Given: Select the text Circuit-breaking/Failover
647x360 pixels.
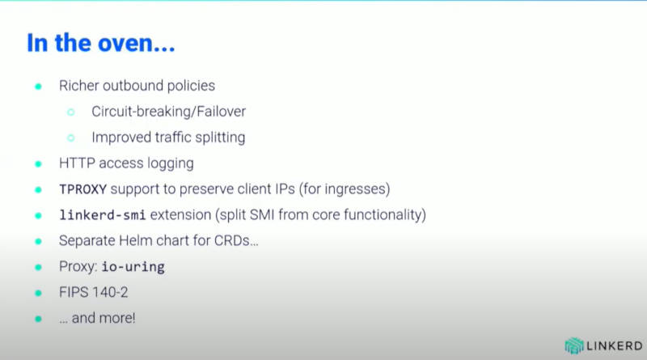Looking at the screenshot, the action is [168, 112].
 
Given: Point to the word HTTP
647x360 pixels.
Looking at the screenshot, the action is [77, 163].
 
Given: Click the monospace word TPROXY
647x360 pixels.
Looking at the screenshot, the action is [83, 189].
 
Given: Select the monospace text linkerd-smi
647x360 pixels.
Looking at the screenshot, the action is [103, 214].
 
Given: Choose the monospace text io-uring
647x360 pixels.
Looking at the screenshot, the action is [133, 267].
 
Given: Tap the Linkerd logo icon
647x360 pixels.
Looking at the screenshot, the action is [574, 346].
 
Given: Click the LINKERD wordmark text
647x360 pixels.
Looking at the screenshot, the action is [615, 346].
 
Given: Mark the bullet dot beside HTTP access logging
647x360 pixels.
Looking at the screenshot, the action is [38, 164].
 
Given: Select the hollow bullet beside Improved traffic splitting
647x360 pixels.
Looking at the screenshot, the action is [71, 138].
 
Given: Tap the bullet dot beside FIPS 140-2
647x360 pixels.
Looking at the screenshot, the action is [38, 293].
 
